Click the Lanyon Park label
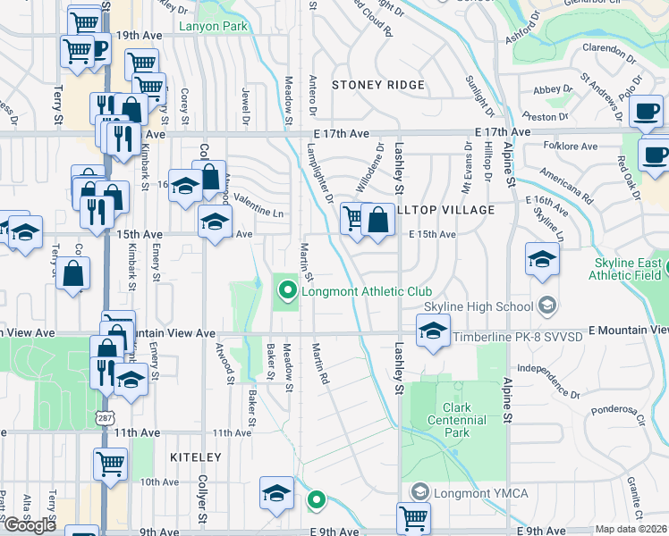(213, 26)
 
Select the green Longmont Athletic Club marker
(287, 290)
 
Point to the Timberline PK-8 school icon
(433, 332)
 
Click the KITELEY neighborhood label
(195, 456)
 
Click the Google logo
(30, 524)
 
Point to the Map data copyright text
(631, 529)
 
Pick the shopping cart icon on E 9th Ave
(413, 516)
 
